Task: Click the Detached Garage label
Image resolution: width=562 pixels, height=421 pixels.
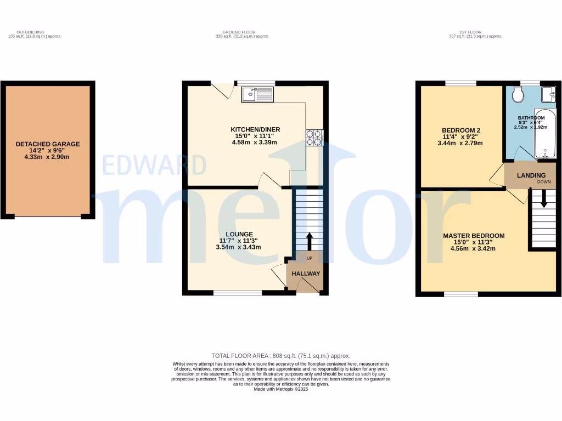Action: pos(47,144)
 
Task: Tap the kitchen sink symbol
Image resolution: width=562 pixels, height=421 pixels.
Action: pos(257,94)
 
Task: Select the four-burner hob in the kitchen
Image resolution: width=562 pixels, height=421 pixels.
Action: pos(314,138)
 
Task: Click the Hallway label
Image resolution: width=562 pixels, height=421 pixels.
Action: pos(306,274)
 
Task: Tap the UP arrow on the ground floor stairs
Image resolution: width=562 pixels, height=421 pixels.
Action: pos(309,241)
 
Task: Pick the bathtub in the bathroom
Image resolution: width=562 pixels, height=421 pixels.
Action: pos(546,134)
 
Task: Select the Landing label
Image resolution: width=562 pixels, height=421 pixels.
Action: pos(531,175)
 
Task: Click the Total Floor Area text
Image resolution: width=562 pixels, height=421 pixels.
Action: pos(280,356)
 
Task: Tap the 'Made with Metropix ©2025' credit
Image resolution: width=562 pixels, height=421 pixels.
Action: pos(280,389)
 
